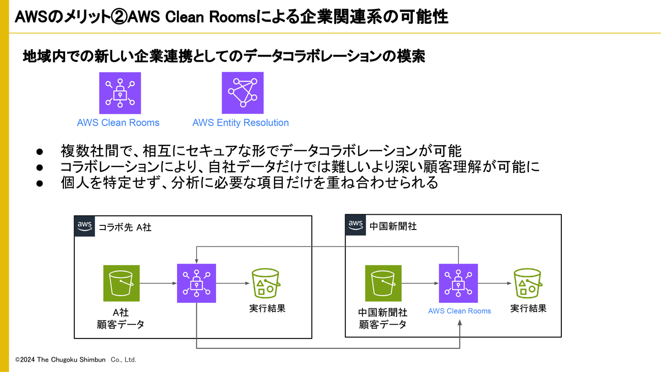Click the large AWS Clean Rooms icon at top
click(x=120, y=93)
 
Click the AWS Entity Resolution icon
click(x=243, y=93)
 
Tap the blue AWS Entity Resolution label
click(x=241, y=123)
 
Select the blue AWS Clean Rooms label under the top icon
click(x=118, y=123)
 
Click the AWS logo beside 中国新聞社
click(x=355, y=225)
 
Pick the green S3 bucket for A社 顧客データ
click(x=121, y=283)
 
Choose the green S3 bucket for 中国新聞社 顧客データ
click(x=383, y=283)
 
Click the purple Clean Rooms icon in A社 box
click(x=196, y=283)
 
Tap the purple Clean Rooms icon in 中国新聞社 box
click(x=458, y=283)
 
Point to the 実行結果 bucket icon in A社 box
click(x=266, y=283)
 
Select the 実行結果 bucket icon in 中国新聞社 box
click(x=528, y=283)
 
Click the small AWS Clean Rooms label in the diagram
click(x=460, y=311)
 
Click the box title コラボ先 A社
click(x=125, y=227)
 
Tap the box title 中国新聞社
click(x=393, y=226)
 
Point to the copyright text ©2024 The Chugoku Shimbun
click(x=76, y=360)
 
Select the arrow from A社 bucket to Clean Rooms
click(x=158, y=283)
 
